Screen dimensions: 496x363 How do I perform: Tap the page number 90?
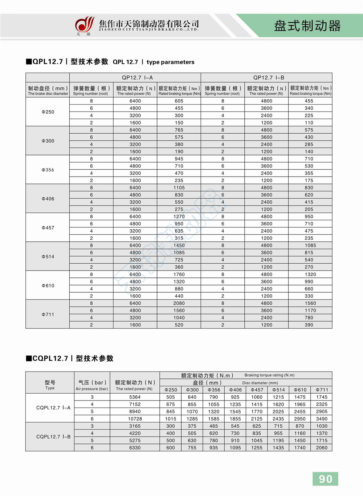(325, 479)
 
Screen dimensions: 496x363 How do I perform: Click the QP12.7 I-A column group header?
(137, 78)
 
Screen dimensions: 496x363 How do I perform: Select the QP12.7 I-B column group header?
(269, 78)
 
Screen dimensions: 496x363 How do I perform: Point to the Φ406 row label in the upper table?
(48, 199)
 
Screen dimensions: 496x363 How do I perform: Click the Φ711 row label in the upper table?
(48, 315)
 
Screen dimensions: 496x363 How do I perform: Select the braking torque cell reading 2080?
(179, 304)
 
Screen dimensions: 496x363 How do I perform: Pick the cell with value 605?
(179, 101)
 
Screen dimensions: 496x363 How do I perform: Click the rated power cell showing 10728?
(135, 419)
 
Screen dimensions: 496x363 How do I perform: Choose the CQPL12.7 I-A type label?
(53, 408)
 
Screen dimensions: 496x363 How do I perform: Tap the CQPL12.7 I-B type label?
(53, 437)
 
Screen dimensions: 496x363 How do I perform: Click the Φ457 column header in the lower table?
(257, 390)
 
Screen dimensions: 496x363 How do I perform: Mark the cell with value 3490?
(322, 419)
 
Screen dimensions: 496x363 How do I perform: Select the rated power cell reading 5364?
(135, 397)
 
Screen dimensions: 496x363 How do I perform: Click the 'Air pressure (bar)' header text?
(91, 389)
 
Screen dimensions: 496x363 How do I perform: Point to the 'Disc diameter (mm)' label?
(260, 383)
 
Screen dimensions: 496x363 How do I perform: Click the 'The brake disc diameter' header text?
(48, 94)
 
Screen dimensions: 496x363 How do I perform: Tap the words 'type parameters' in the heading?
(170, 62)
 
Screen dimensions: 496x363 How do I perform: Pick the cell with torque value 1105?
(179, 188)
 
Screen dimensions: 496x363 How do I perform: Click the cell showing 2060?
(322, 448)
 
